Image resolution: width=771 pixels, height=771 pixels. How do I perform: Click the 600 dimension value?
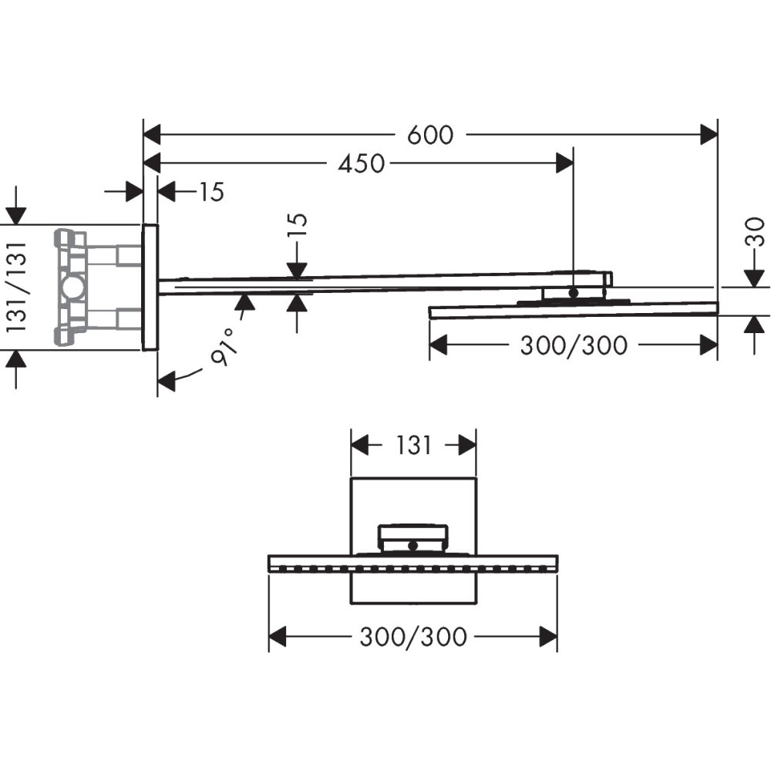pyautogui.click(x=430, y=135)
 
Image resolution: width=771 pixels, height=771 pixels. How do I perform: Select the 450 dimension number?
pyautogui.click(x=359, y=163)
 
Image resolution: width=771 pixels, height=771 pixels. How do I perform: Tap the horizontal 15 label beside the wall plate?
pyautogui.click(x=210, y=192)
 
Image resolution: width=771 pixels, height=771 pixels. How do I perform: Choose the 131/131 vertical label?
pyautogui.click(x=18, y=286)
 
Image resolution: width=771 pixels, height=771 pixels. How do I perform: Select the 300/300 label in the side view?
pyautogui.click(x=573, y=345)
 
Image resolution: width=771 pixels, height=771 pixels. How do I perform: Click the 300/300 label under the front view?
pyautogui.click(x=413, y=637)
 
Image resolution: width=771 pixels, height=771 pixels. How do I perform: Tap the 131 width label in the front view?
pyautogui.click(x=414, y=445)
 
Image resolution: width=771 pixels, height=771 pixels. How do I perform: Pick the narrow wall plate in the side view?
pyautogui.click(x=150, y=288)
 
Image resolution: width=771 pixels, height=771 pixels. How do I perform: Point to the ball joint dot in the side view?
pyautogui.click(x=573, y=293)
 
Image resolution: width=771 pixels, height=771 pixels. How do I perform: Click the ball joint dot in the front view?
pyautogui.click(x=413, y=545)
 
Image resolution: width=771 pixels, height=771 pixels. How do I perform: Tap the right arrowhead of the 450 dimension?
pyautogui.click(x=565, y=163)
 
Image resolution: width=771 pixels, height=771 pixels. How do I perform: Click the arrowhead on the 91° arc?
pyautogui.click(x=166, y=380)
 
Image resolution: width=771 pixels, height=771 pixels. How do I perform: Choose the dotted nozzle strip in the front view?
pyautogui.click(x=412, y=569)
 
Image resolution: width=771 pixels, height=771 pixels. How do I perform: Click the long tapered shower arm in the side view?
pyautogui.click(x=347, y=284)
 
